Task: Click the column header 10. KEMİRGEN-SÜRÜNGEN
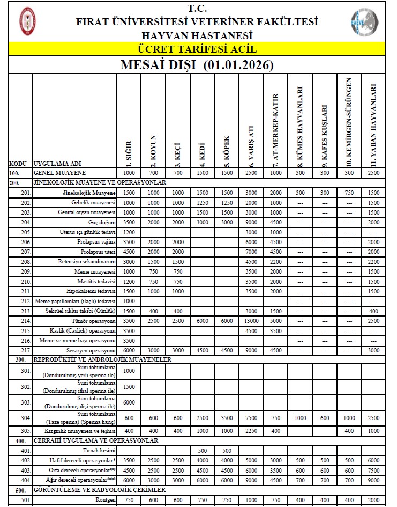click(349, 122)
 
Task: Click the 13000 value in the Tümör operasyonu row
click(251, 320)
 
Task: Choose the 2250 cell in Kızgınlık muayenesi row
click(251, 431)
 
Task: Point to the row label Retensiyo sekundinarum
click(87, 261)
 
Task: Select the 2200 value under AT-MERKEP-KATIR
click(276, 261)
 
